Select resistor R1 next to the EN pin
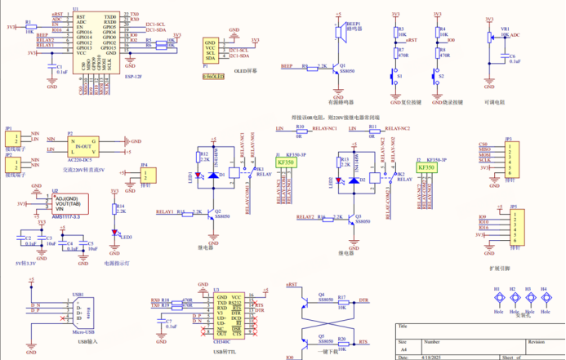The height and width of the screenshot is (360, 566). click(x=29, y=27)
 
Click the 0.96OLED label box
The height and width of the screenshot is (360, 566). click(x=214, y=75)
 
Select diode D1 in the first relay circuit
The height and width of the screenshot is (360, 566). click(x=213, y=174)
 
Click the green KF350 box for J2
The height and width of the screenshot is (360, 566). click(x=426, y=167)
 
